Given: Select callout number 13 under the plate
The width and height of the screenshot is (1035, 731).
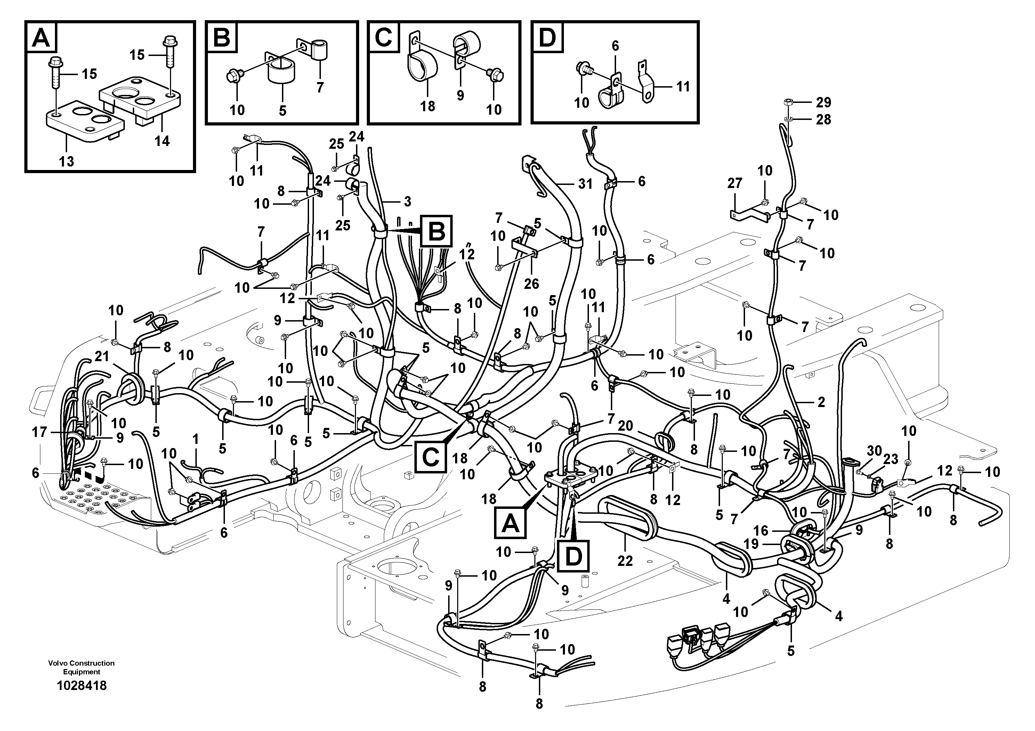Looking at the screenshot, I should pos(66,161).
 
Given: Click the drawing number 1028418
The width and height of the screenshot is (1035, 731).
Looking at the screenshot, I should pos(82,685).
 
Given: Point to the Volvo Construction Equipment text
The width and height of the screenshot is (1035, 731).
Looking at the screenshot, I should pos(82,667).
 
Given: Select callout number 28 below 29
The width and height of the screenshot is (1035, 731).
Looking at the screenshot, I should pos(823,120).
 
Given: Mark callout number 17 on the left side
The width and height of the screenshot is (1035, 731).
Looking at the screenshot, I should pos(39,432).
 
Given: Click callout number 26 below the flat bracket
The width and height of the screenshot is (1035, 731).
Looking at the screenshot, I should pos(532,284).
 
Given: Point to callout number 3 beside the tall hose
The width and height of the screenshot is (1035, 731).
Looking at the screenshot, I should pos(407,202).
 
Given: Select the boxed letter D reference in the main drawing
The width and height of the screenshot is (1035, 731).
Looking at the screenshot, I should pos(573,558).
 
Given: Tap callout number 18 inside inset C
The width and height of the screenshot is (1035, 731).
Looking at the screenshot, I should pos(427,106).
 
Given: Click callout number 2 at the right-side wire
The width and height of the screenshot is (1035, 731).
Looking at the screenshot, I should pos(821,402).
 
